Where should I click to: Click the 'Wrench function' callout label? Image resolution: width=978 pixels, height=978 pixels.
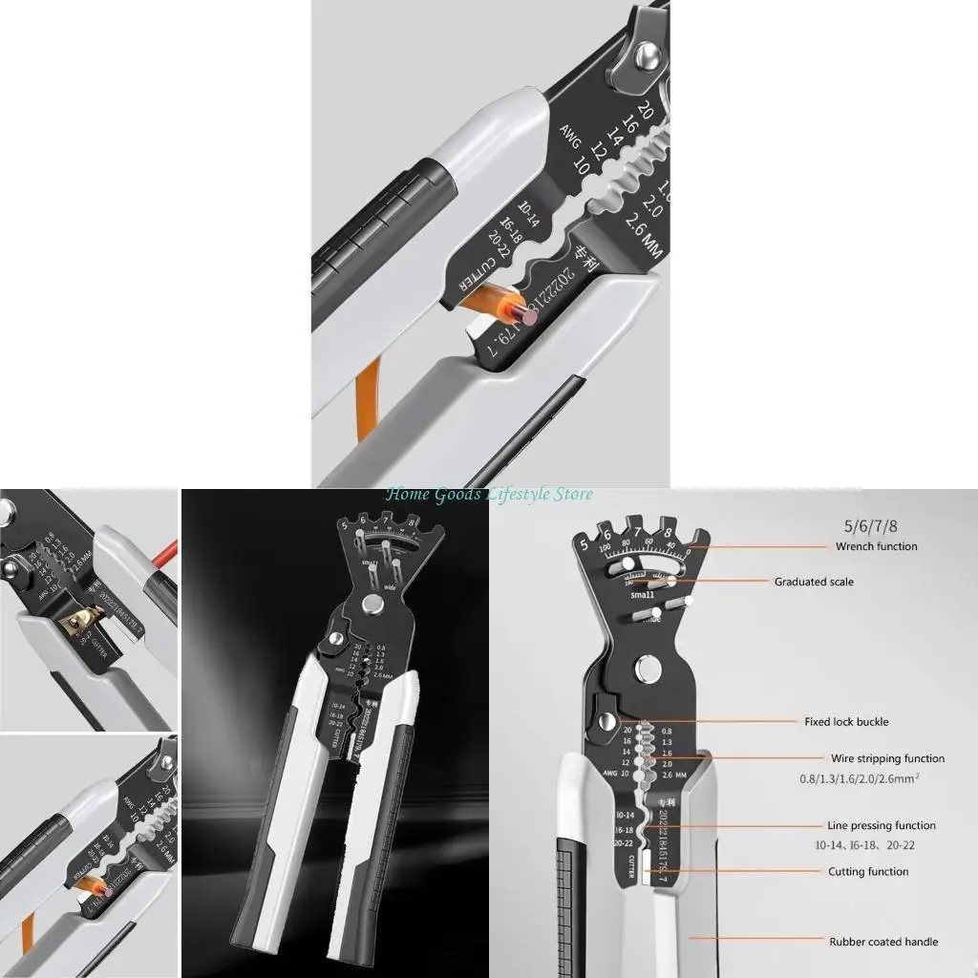(x=876, y=546)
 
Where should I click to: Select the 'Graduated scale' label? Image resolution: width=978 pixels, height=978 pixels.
(x=814, y=582)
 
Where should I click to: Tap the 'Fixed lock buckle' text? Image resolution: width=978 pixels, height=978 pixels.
(x=846, y=722)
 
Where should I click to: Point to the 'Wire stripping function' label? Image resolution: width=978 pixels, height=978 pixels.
(x=887, y=758)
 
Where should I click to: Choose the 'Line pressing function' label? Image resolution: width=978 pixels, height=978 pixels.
(x=882, y=825)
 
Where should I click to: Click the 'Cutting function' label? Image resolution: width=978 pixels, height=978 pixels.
(x=868, y=871)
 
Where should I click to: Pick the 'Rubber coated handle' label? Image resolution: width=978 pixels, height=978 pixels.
(x=882, y=942)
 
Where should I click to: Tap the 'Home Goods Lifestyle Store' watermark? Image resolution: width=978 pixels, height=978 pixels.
(x=489, y=494)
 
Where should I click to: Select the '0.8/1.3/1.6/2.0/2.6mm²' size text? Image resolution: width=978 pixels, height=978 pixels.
(x=860, y=778)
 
